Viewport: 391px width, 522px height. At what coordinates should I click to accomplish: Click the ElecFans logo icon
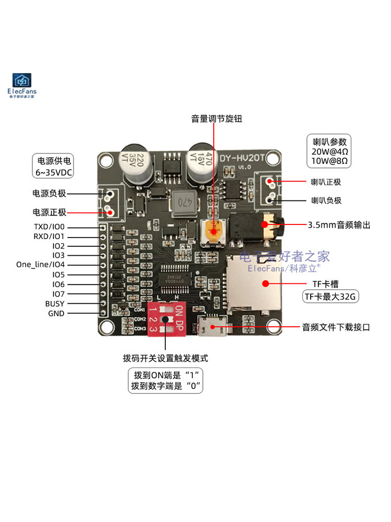coord(22,81)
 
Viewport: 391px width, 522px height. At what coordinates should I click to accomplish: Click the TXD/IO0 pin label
coord(50,228)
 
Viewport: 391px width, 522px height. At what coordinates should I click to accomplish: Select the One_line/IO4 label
coord(41,265)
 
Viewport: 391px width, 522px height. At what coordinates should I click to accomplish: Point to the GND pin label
coord(56,313)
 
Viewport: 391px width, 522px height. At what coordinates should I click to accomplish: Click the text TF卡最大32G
coord(332,296)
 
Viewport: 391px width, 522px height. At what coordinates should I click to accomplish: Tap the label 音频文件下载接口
coord(336,327)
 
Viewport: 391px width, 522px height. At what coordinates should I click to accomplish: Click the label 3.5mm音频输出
coord(339,225)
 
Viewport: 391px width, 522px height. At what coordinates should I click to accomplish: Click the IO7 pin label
coord(58,294)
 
